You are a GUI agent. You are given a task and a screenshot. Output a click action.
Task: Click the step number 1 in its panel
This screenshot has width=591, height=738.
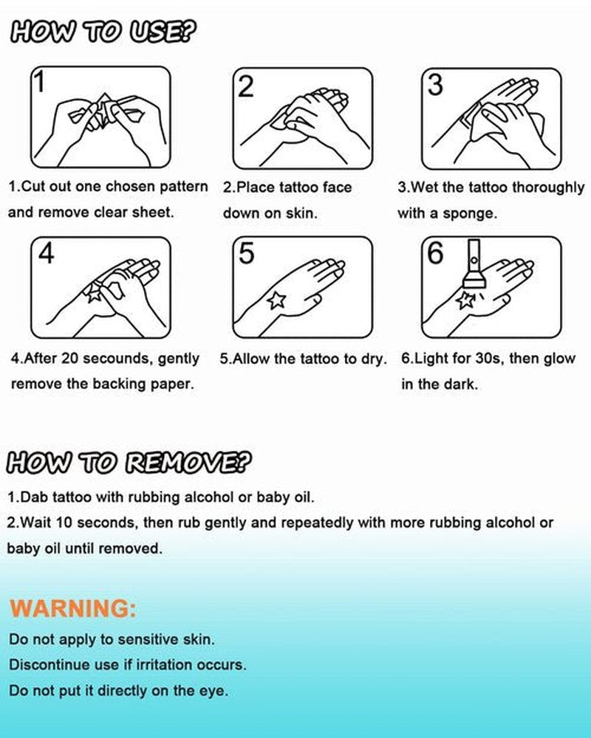click(41, 82)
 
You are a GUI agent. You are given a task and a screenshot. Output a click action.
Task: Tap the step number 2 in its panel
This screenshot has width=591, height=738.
click(246, 86)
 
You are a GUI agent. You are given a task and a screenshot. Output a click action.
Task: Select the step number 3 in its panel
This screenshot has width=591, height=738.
click(435, 85)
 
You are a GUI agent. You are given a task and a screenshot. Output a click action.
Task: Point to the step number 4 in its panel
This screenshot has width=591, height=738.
click(46, 254)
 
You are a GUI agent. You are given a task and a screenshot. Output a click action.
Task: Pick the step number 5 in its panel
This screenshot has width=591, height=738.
click(247, 253)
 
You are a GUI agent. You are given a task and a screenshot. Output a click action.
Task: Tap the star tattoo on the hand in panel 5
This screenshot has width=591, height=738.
click(276, 300)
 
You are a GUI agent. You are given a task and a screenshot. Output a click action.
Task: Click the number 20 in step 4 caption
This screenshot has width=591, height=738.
click(69, 358)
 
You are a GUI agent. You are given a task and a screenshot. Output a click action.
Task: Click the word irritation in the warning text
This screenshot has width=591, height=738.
click(165, 665)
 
